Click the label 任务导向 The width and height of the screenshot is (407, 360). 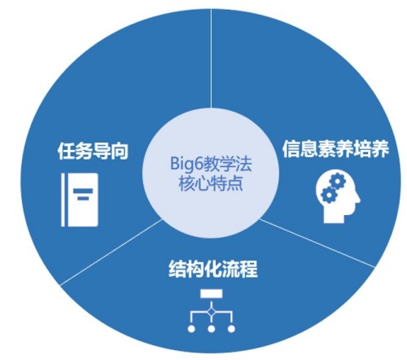click(x=93, y=151)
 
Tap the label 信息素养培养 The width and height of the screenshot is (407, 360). click(x=335, y=148)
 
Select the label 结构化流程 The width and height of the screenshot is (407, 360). click(x=213, y=269)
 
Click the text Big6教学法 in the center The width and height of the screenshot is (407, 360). click(x=211, y=164)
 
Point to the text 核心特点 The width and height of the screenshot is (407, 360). click(x=211, y=183)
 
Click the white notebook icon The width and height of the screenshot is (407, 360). click(x=79, y=200)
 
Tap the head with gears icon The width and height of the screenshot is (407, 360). click(x=338, y=196)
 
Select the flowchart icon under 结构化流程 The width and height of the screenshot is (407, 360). click(x=212, y=310)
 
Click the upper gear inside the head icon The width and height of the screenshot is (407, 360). click(x=337, y=181)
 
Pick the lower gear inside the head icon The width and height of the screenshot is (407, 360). click(x=328, y=195)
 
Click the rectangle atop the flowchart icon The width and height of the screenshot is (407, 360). click(x=212, y=293)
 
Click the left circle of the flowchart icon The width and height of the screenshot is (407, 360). click(x=191, y=329)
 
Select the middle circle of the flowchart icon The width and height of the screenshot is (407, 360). click(x=212, y=329)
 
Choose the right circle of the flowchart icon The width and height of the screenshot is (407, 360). click(x=231, y=329)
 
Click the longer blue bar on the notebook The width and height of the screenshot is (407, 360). click(x=83, y=191)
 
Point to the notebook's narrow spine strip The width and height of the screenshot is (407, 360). click(x=63, y=200)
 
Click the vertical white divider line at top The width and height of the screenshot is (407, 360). click(x=212, y=59)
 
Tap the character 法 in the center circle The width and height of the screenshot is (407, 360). click(x=243, y=164)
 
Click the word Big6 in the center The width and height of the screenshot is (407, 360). click(x=186, y=164)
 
